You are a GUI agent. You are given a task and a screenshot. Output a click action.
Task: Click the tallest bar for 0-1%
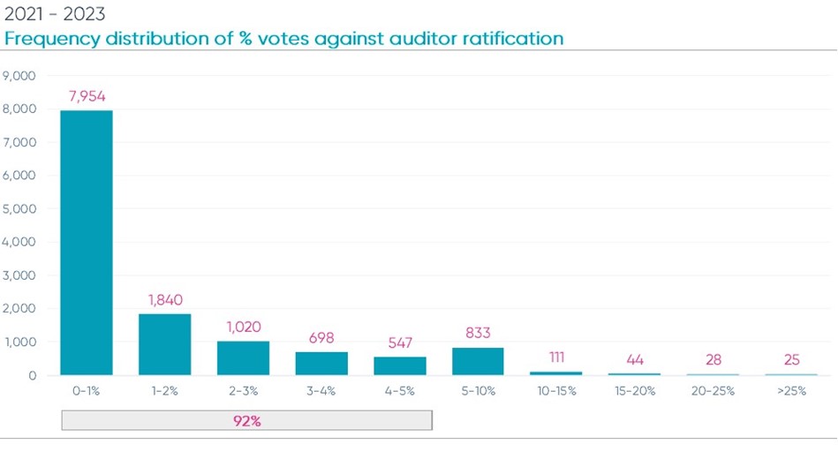tap(86, 243)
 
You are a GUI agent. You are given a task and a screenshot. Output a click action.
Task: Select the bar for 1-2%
tap(164, 344)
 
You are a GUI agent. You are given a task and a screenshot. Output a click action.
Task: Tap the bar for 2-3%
tap(243, 357)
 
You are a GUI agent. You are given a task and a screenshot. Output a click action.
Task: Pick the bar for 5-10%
tap(478, 361)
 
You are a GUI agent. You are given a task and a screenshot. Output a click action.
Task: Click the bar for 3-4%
tap(321, 363)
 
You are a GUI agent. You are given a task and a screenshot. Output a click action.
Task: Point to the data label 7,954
tap(86, 95)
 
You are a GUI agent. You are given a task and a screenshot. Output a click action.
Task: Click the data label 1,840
tap(164, 299)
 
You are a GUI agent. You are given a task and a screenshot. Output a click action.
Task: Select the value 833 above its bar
tap(478, 333)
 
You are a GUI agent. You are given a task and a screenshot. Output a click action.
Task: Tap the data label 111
tap(555, 357)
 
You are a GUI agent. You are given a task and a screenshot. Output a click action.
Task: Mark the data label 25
tap(790, 359)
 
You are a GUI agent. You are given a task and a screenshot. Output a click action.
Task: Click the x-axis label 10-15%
tap(555, 391)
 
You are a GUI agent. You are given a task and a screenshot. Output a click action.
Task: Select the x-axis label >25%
tap(790, 391)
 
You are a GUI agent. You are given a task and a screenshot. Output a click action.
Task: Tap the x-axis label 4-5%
tap(399, 391)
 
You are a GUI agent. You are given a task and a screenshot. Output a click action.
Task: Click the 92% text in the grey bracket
tap(246, 421)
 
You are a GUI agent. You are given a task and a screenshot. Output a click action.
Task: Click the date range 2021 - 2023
tap(56, 15)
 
